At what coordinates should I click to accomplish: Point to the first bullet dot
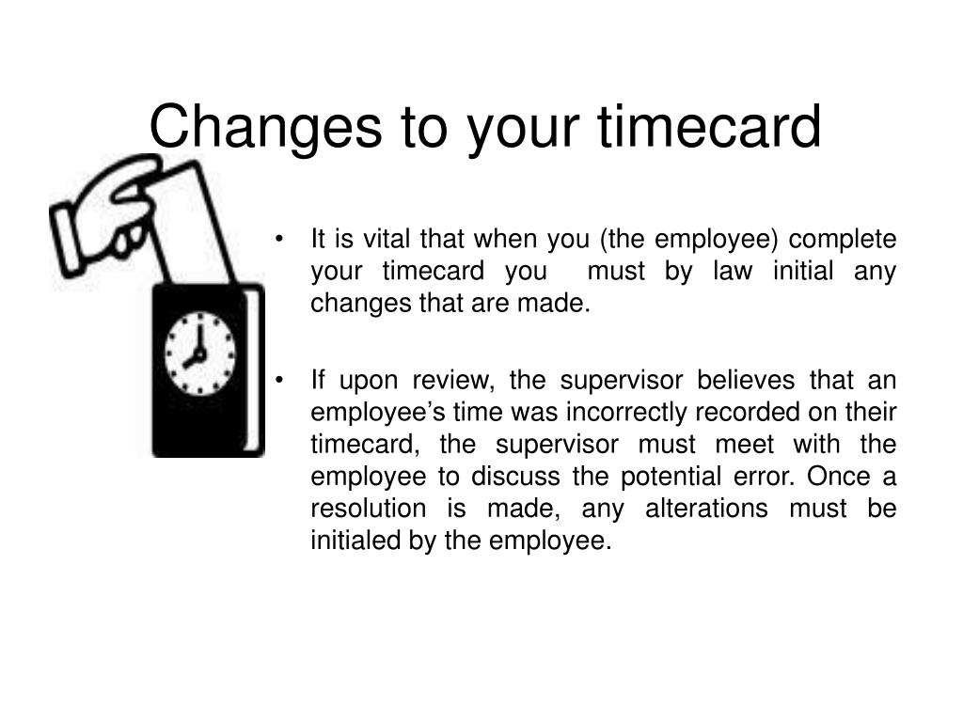coord(280,240)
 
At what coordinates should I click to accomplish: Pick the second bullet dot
coord(280,381)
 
